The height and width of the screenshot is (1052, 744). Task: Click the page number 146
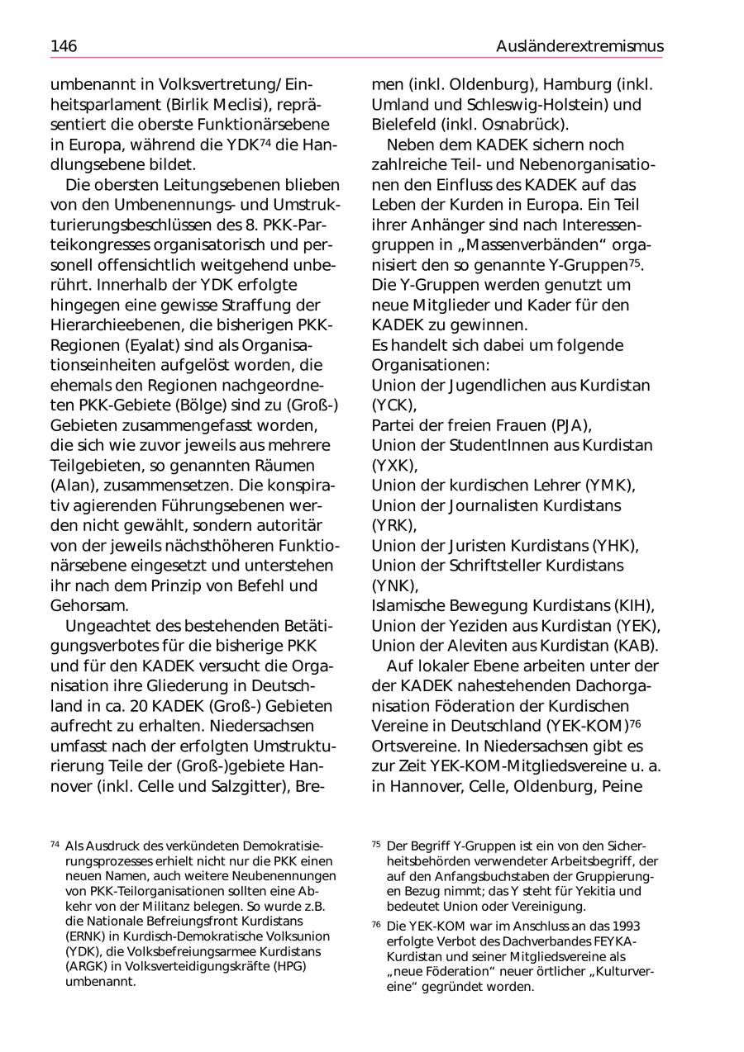click(64, 46)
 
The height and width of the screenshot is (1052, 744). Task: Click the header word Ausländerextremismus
click(579, 46)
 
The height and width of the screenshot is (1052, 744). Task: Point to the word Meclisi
click(252, 104)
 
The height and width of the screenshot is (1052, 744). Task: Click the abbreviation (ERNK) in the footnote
click(84, 936)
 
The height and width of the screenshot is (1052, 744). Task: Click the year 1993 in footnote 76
click(622, 926)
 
